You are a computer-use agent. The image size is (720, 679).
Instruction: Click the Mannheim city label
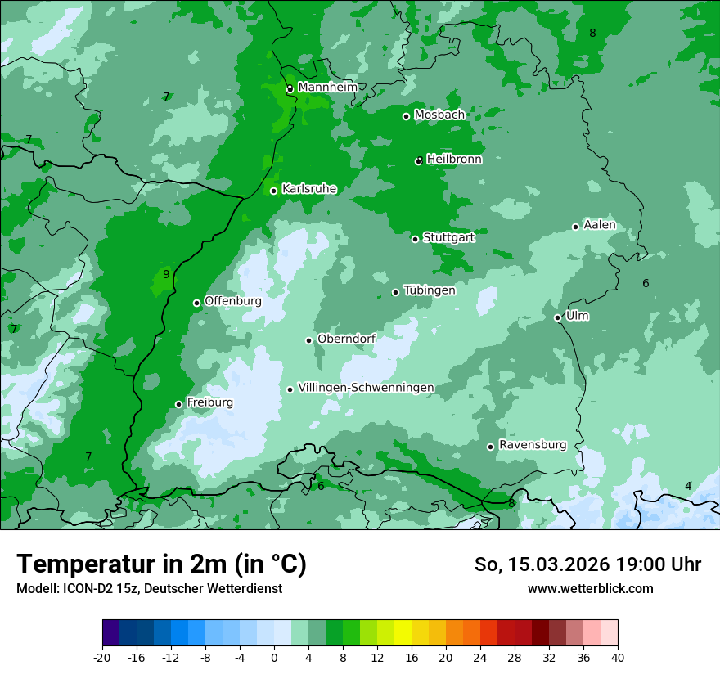pos(327,87)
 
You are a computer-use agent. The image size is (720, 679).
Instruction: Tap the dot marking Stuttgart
pos(415,239)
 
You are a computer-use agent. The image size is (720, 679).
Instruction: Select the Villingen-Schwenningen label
pos(366,388)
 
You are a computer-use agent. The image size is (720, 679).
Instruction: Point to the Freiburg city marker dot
pos(178,404)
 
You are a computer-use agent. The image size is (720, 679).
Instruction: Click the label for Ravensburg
pos(533,445)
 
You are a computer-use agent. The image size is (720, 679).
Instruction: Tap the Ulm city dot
pos(557,317)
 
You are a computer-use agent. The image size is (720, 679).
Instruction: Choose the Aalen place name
pos(600,225)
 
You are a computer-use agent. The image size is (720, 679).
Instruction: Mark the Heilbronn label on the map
pos(454,160)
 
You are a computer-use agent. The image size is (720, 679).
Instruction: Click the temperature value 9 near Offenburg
pos(166,274)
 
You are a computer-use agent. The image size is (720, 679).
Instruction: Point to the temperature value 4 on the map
pos(688,486)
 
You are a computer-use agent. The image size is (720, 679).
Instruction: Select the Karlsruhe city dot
pos(273,191)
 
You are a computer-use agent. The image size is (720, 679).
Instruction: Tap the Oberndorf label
pos(346,339)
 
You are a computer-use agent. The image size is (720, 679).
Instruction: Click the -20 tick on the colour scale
pos(102,657)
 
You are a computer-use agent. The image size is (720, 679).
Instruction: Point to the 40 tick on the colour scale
pos(618,657)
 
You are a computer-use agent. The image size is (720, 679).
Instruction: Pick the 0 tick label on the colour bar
pos(274,657)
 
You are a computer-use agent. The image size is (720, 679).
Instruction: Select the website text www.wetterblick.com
pos(590,588)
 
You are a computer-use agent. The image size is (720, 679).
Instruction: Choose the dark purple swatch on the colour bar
pos(110,633)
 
